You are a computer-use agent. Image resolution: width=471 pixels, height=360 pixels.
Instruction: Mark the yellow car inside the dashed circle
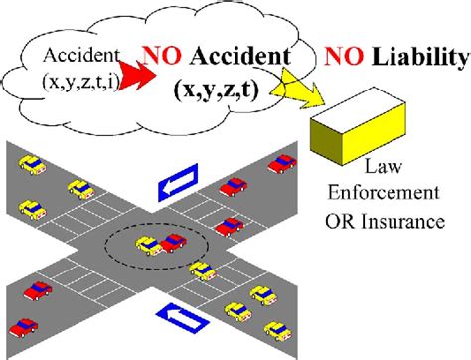pyautogui.click(x=149, y=244)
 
